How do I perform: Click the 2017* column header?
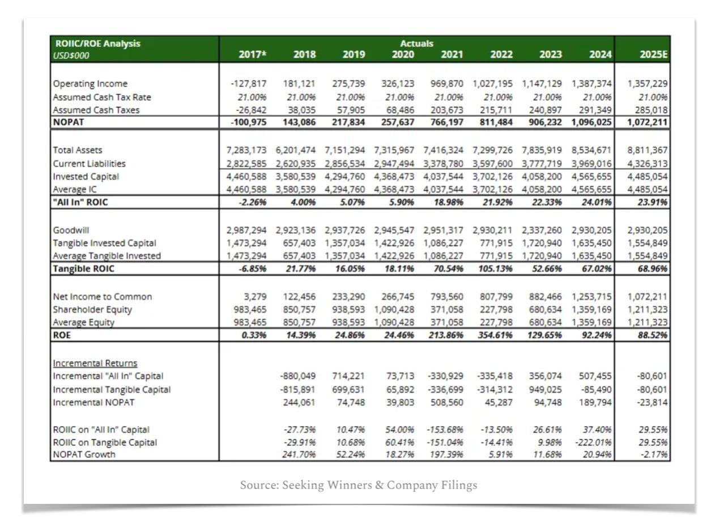[x=253, y=55]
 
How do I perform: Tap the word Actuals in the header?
[x=416, y=44]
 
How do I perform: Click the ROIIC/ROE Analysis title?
[x=97, y=44]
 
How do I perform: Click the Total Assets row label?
[x=78, y=151]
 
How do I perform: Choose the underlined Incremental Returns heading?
[x=95, y=363]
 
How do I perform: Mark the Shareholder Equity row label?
[x=92, y=310]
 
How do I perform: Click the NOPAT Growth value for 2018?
[x=300, y=455]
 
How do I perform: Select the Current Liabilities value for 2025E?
[x=648, y=164]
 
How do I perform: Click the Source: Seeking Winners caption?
[x=358, y=485]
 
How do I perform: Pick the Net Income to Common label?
[x=103, y=297]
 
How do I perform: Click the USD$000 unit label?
[x=72, y=55]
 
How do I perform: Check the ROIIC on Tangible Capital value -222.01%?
[x=594, y=442]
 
